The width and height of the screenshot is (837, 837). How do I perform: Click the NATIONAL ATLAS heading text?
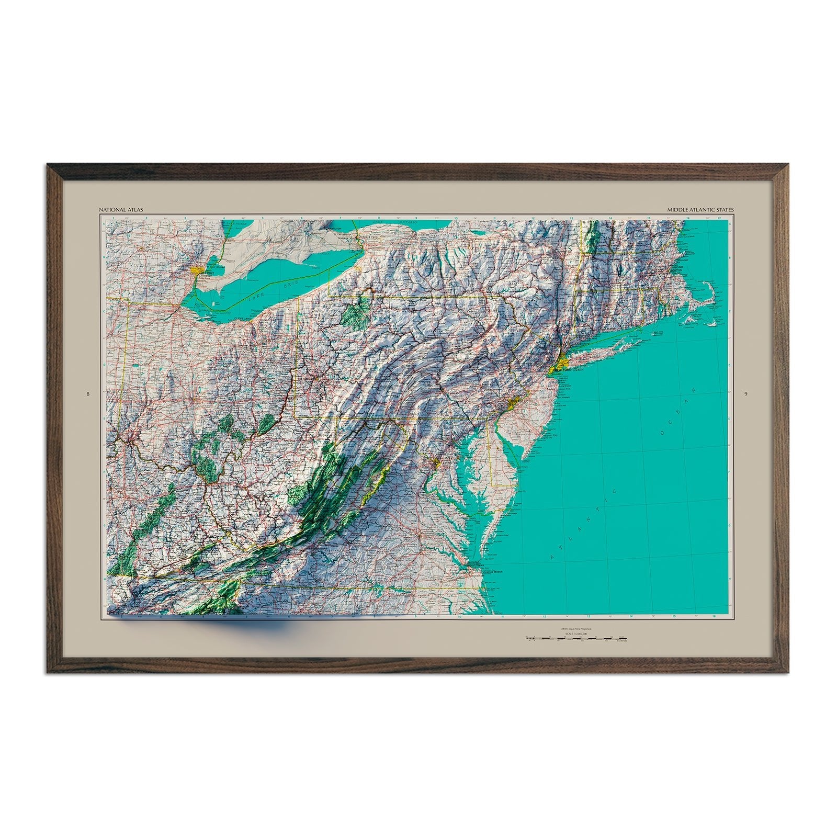[x=120, y=210]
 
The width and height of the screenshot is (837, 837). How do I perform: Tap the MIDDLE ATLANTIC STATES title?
[x=700, y=210]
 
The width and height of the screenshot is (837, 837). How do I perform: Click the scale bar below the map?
[x=578, y=639]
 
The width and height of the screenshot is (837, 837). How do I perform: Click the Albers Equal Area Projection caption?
[x=578, y=629]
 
